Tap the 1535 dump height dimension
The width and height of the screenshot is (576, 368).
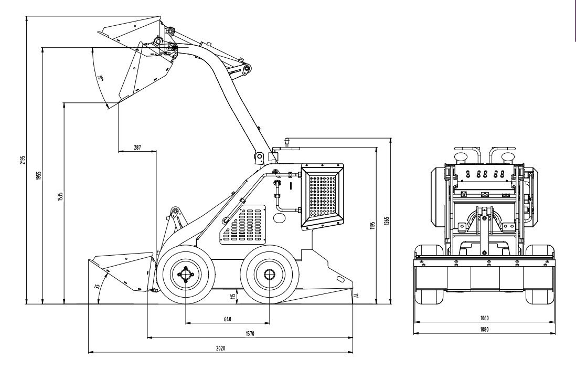click(x=60, y=197)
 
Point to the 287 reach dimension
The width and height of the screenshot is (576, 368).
click(x=137, y=148)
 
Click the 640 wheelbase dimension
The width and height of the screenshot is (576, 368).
click(x=227, y=319)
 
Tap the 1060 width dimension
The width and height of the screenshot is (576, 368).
click(x=485, y=318)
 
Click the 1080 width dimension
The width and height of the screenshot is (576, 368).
click(x=485, y=329)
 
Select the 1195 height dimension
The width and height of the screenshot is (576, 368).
click(x=373, y=225)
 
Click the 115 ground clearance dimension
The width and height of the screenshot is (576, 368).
click(x=232, y=297)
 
